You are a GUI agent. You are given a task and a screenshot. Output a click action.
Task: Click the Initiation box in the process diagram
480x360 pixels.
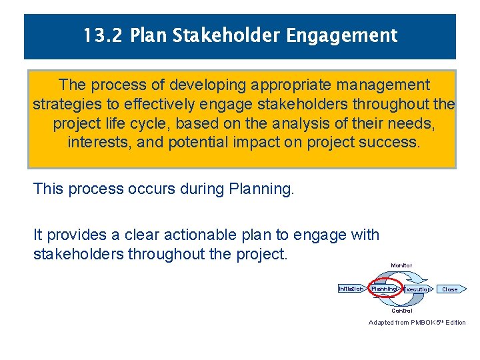click(351, 289)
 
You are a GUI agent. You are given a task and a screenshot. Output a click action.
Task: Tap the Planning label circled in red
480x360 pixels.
click(384, 289)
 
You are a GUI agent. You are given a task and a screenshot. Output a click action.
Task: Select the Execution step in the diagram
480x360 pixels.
click(417, 289)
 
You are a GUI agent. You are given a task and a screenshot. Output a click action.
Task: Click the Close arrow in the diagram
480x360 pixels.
click(450, 289)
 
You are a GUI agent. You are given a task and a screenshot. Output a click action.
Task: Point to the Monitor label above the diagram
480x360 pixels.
click(401, 266)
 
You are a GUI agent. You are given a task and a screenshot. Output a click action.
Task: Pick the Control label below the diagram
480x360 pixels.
click(401, 311)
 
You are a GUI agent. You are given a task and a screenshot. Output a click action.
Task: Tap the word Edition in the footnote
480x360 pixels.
click(455, 323)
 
